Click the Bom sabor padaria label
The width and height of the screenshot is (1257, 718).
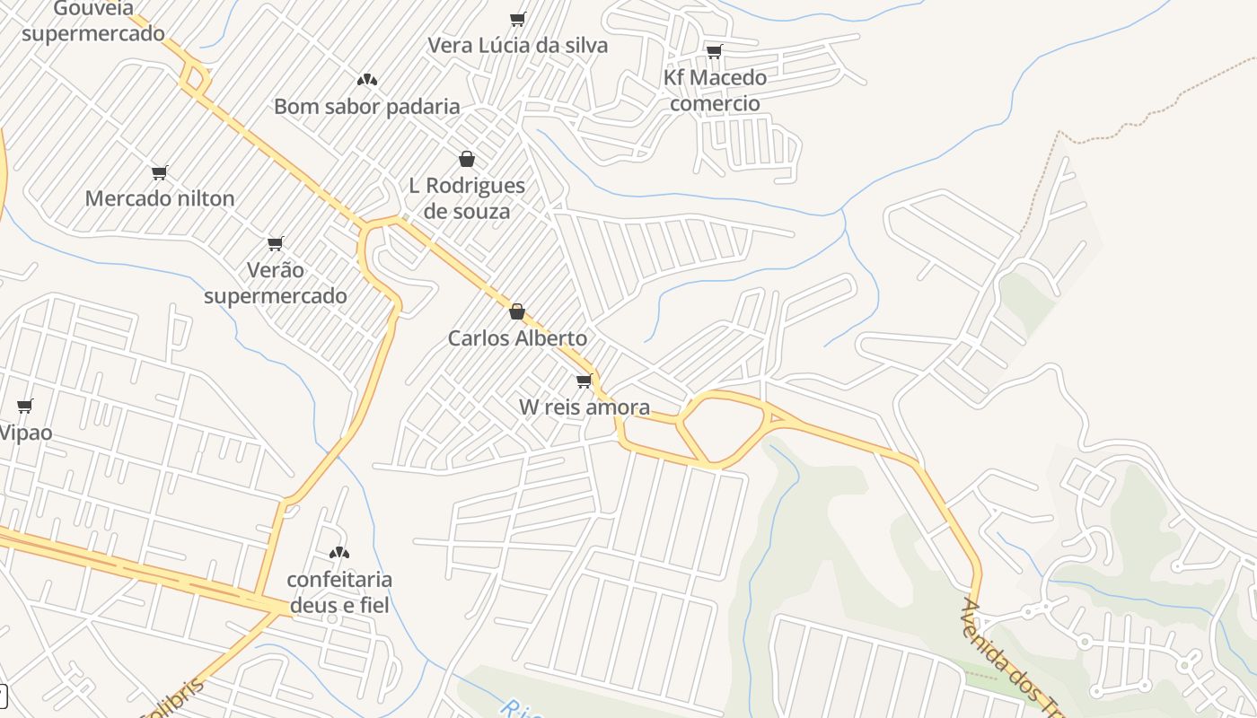pyautogui.click(x=366, y=107)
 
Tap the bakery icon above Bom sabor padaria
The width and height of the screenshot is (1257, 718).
pyautogui.click(x=366, y=80)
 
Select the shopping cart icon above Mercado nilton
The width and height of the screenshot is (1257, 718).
pyautogui.click(x=160, y=172)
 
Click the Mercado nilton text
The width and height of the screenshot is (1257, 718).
pyautogui.click(x=160, y=198)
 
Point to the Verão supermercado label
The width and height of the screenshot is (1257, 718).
pyautogui.click(x=275, y=283)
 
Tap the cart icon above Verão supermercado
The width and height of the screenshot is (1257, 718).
pyautogui.click(x=276, y=243)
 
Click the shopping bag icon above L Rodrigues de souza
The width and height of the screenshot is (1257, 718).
pyautogui.click(x=467, y=160)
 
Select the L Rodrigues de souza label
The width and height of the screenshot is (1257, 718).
pyautogui.click(x=467, y=198)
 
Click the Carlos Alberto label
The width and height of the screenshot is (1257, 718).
pyautogui.click(x=517, y=338)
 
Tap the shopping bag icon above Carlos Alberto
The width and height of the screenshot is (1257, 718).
pyautogui.click(x=517, y=312)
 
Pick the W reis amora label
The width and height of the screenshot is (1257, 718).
pyautogui.click(x=585, y=407)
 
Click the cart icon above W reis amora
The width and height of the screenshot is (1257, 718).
pyautogui.click(x=585, y=381)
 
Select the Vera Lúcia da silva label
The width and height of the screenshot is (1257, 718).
pyautogui.click(x=517, y=45)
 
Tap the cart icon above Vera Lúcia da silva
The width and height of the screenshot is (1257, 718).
pyautogui.click(x=517, y=19)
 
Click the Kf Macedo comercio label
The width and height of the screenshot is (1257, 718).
pyautogui.click(x=715, y=90)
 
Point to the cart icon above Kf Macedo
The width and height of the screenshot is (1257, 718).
pyautogui.click(x=714, y=51)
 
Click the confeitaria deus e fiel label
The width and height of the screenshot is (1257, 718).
pyautogui.click(x=339, y=592)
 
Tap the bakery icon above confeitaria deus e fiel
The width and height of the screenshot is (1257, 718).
pyautogui.click(x=339, y=553)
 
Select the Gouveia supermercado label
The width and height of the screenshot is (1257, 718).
pyautogui.click(x=93, y=22)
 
